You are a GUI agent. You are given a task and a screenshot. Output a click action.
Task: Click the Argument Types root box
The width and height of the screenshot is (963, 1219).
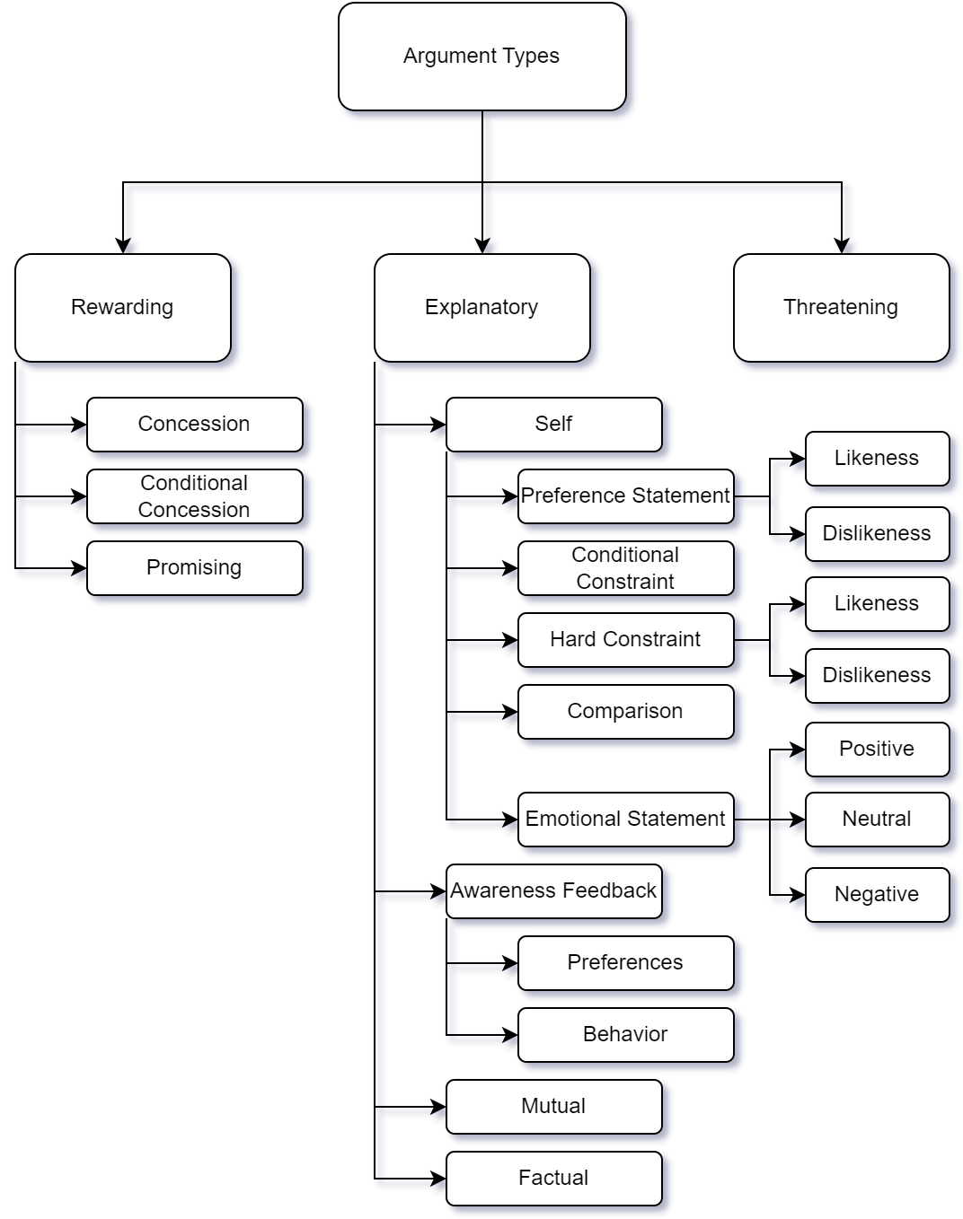tap(481, 57)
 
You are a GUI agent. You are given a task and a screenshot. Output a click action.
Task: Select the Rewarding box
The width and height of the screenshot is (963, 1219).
tap(123, 308)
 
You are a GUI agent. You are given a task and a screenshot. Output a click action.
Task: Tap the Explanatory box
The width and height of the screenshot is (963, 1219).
tap(481, 308)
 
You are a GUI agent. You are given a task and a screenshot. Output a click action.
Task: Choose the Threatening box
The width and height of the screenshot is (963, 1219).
tap(841, 308)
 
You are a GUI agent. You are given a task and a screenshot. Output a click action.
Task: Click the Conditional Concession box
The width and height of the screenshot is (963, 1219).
tap(195, 496)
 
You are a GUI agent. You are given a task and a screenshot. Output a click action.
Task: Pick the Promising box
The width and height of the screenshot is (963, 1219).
tap(195, 568)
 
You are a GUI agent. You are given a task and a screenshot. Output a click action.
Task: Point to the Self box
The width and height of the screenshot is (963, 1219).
tap(553, 425)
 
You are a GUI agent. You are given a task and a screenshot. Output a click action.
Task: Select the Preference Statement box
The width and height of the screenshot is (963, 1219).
tap(625, 496)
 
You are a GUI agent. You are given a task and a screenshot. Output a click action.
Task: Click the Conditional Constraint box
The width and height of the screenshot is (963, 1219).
tap(625, 568)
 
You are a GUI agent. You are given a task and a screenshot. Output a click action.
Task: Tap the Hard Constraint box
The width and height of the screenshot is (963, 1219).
tap(625, 640)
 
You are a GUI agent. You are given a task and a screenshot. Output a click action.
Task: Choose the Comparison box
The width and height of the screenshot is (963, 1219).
tap(625, 712)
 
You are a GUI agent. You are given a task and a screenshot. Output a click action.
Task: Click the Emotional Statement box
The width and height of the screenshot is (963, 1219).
tap(625, 820)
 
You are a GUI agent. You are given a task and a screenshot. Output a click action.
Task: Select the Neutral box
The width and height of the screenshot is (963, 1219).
tap(877, 820)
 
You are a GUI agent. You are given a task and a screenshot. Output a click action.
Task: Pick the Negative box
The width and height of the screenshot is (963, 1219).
tap(877, 895)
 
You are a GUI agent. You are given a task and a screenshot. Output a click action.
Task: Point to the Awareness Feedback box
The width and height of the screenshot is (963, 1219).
tap(553, 891)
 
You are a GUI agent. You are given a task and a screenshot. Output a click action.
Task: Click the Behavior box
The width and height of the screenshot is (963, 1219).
tap(625, 1035)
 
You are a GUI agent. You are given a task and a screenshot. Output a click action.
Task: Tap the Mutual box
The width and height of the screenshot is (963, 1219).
tap(553, 1107)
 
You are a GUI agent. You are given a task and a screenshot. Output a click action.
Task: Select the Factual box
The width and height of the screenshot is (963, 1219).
tap(553, 1179)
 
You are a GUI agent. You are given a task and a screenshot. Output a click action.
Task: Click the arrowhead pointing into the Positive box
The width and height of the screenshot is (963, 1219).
tap(798, 750)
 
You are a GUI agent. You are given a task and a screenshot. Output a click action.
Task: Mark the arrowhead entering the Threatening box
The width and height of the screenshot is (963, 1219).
tap(842, 246)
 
